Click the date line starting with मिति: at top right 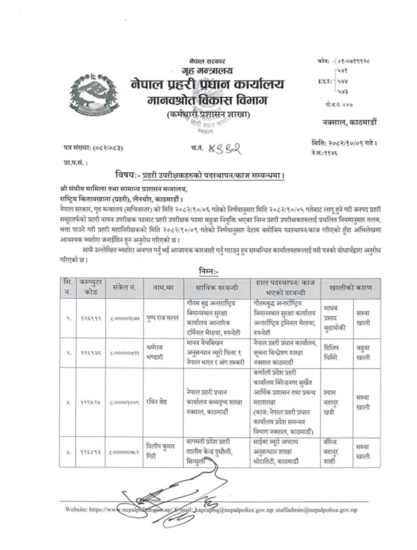(x=343, y=143)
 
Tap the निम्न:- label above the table (x=208, y=272)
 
